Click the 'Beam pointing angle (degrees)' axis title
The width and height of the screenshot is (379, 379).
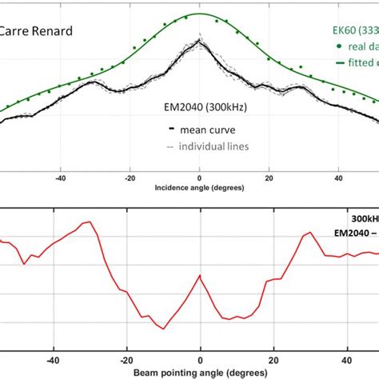click(x=200, y=373)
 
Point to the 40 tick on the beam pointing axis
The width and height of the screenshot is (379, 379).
click(x=346, y=360)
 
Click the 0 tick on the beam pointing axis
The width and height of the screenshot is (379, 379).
click(x=200, y=360)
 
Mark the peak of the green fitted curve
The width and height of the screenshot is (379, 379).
click(x=199, y=14)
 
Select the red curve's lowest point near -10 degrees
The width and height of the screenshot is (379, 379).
click(x=162, y=329)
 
